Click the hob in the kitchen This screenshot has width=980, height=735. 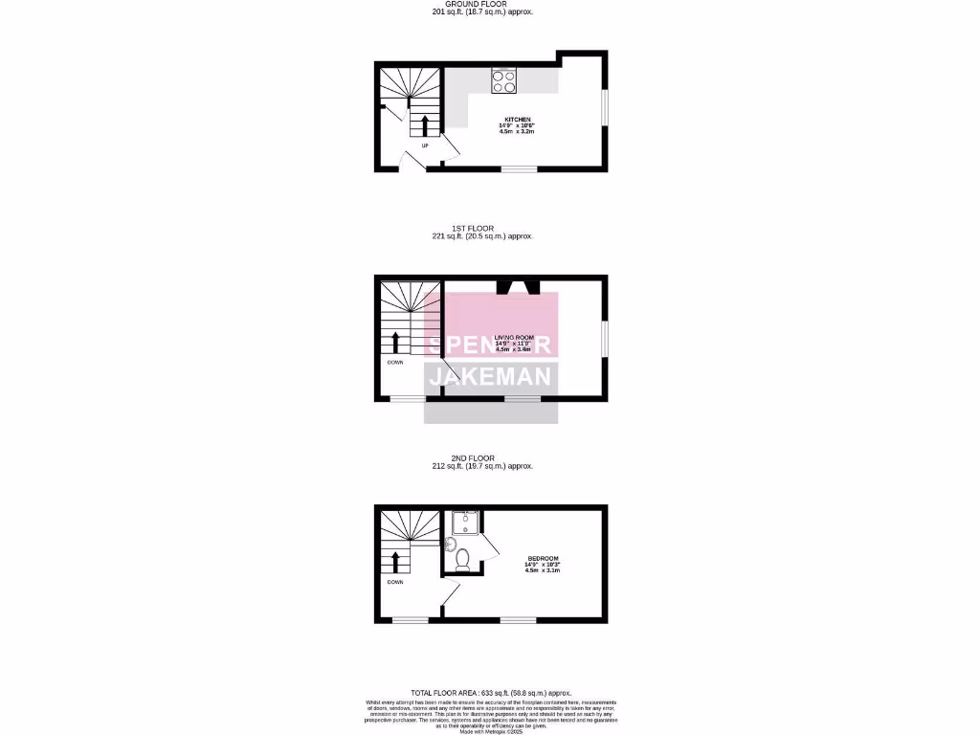tap(504, 81)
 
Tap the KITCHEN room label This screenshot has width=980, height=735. tap(518, 120)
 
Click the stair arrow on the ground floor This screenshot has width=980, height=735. tap(425, 125)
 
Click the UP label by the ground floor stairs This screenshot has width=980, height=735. tap(424, 145)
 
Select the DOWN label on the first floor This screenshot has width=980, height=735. tap(395, 363)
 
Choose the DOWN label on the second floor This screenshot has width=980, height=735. tap(395, 582)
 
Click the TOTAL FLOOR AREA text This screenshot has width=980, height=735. tap(490, 693)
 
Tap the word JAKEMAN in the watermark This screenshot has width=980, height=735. tap(491, 377)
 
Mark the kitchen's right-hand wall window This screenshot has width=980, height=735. tap(604, 107)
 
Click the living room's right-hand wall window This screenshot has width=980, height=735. tap(604, 338)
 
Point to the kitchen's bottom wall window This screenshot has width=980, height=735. tap(518, 169)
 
